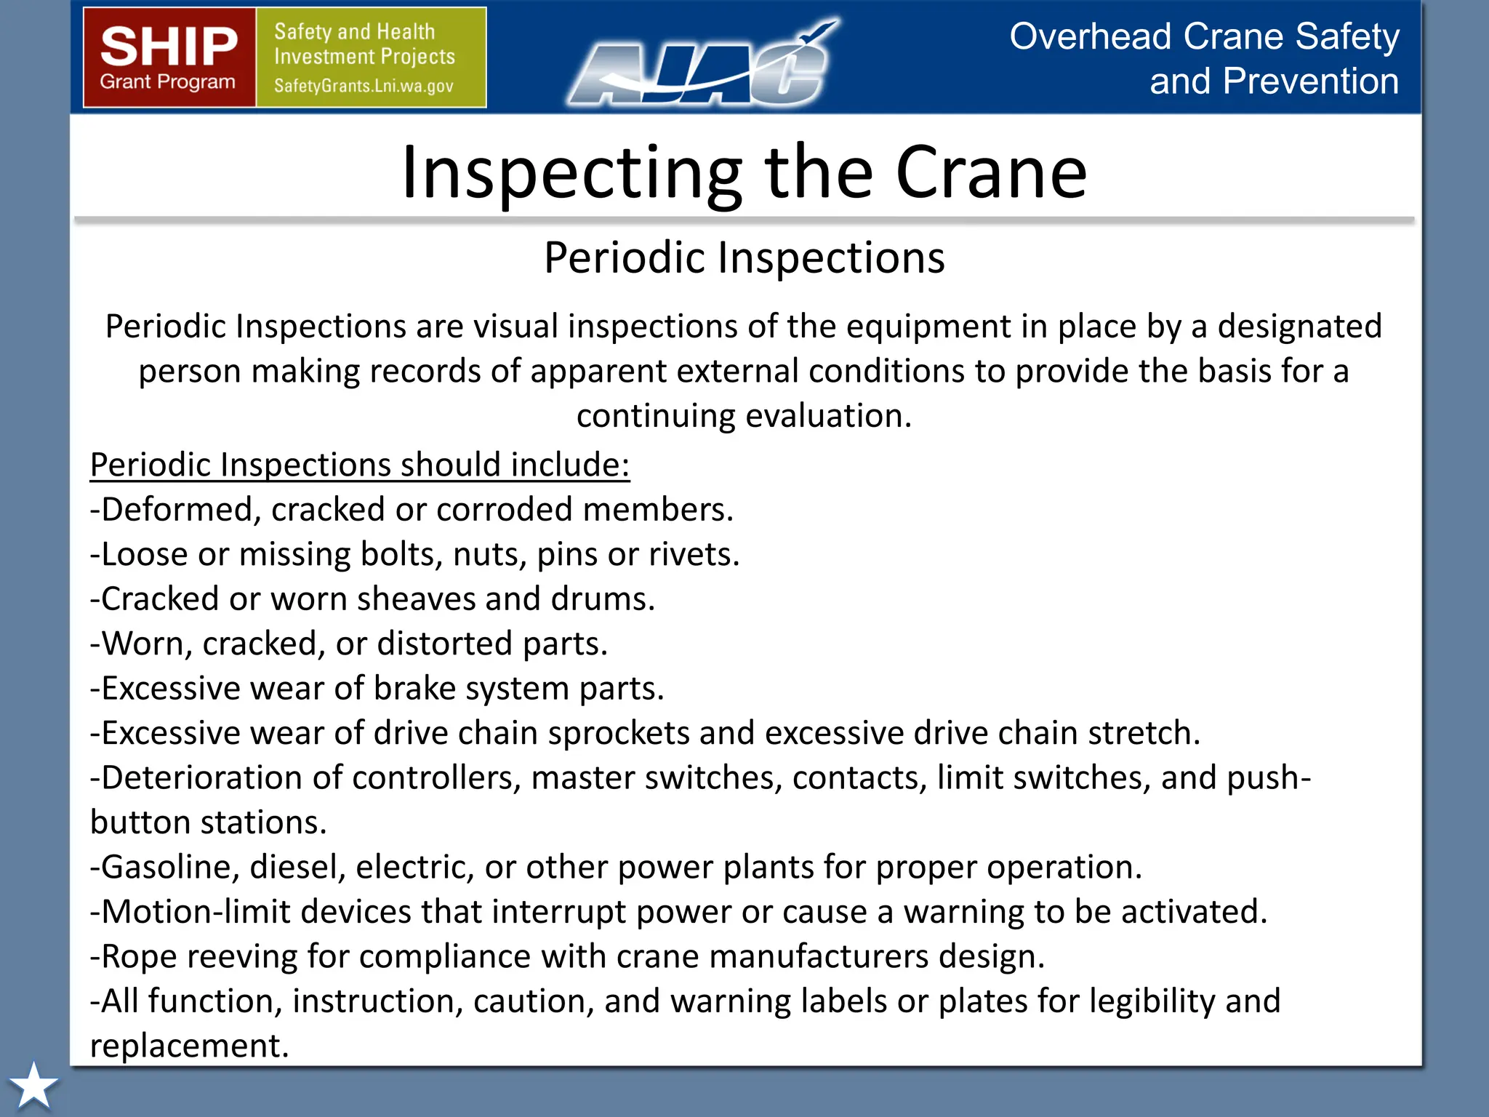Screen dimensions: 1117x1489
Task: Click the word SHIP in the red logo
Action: (x=169, y=46)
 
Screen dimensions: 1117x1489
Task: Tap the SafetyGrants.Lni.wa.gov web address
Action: (x=364, y=86)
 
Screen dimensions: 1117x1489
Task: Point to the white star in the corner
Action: (x=33, y=1086)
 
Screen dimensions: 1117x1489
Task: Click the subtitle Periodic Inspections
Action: (x=744, y=257)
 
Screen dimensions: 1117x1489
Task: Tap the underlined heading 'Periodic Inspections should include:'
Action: (x=359, y=465)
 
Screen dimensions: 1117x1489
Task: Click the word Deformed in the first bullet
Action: (x=176, y=510)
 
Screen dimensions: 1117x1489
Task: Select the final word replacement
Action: (x=189, y=1046)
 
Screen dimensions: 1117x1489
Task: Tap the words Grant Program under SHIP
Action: (x=168, y=82)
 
